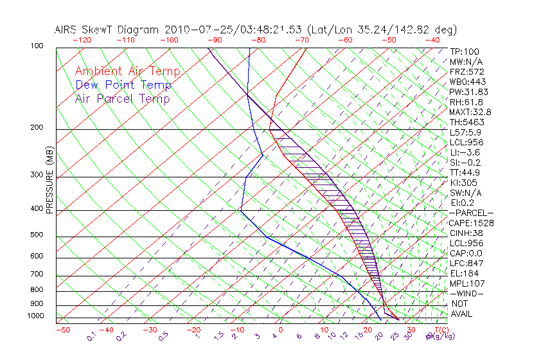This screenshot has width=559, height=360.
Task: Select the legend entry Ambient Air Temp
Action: [127, 72]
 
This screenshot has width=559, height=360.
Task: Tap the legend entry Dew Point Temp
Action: [123, 85]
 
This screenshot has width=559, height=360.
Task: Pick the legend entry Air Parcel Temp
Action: [122, 99]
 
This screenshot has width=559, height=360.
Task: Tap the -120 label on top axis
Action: [82, 40]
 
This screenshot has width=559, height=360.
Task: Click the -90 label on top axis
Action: [215, 40]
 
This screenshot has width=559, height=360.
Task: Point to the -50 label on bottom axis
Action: [62, 330]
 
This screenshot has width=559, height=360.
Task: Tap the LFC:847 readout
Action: [466, 264]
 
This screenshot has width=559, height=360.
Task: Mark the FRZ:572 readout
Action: [467, 72]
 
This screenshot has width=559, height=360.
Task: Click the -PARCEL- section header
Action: [471, 213]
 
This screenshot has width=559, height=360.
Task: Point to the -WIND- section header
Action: [467, 294]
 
